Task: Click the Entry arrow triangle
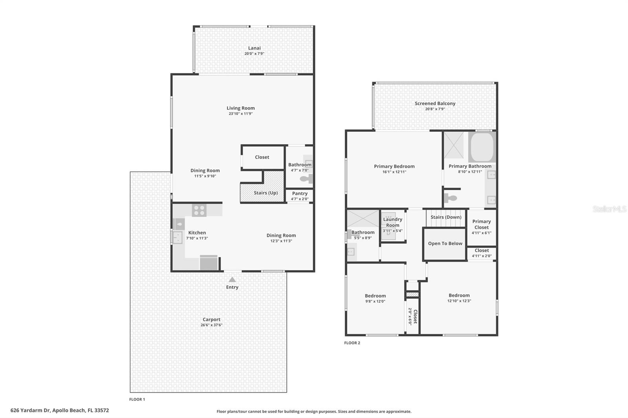(x=232, y=280)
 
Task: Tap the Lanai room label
(x=254, y=48)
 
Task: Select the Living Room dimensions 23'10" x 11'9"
(x=241, y=114)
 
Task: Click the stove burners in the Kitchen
(x=199, y=210)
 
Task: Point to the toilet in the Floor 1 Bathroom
(x=306, y=178)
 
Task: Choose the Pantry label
(x=300, y=193)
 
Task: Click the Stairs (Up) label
(x=266, y=193)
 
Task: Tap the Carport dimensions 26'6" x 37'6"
(x=212, y=325)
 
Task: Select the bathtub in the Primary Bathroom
(x=482, y=147)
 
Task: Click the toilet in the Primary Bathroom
(x=450, y=198)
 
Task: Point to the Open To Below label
(x=445, y=244)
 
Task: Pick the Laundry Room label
(x=392, y=222)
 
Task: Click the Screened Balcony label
(x=435, y=104)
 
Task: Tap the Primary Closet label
(x=482, y=224)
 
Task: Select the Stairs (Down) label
(x=446, y=217)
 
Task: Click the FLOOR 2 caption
(x=352, y=343)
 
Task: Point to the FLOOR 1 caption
(x=137, y=399)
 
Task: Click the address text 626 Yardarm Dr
(x=30, y=410)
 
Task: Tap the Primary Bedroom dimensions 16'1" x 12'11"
(x=394, y=172)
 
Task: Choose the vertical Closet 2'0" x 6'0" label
(x=413, y=316)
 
